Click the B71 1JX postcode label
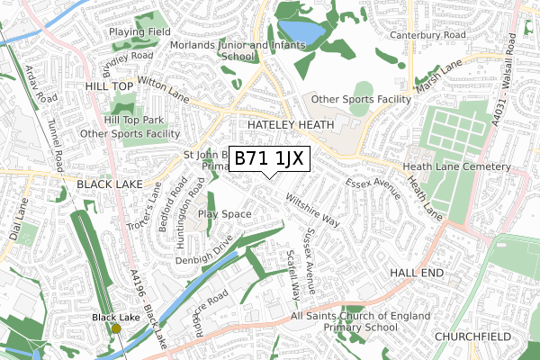(x=271, y=159)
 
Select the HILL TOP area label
(x=109, y=85)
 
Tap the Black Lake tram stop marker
(x=116, y=328)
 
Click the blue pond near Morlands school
(x=301, y=33)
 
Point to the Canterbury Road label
(x=427, y=36)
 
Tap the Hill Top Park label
(x=134, y=120)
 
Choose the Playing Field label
(x=140, y=31)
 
